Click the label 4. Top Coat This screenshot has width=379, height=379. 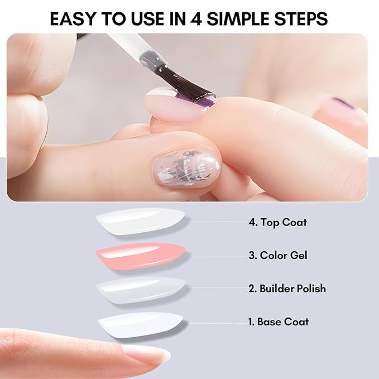pyautogui.click(x=277, y=222)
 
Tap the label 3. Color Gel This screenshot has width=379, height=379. pyautogui.click(x=278, y=256)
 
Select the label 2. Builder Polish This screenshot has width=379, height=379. pyautogui.click(x=287, y=289)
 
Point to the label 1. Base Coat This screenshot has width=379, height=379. pyautogui.click(x=279, y=322)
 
